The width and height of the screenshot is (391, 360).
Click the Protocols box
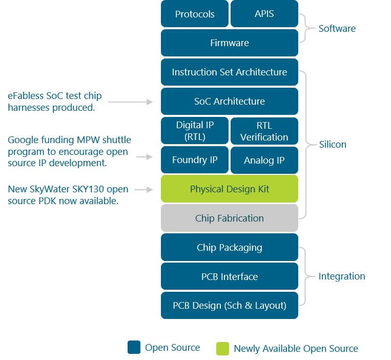coord(195,14)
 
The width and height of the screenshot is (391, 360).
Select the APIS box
coord(264,14)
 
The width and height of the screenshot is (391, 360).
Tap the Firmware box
coord(230,43)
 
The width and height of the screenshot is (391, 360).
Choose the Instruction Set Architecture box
coord(230,72)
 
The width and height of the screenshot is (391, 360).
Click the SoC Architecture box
coord(230,102)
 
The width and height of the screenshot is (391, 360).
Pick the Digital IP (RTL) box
coord(195,131)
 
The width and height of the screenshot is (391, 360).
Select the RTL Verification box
coord(264,131)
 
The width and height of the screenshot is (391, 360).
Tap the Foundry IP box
coord(195,160)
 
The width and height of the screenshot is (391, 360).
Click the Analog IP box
coord(264,160)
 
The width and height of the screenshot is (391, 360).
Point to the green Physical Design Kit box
coord(230,189)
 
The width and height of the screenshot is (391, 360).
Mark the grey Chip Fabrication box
coord(230,218)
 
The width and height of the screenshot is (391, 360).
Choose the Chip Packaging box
coord(230,248)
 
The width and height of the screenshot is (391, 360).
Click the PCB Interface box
coord(230,277)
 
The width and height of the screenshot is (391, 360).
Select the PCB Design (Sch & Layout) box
coord(230,306)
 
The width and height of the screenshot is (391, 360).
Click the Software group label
coord(337,28)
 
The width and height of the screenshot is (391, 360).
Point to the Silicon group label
coord(333,145)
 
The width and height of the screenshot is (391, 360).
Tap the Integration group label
coord(342,276)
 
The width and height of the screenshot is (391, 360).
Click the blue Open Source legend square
coord(134,348)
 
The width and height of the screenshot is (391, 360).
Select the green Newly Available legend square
coord(222,348)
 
